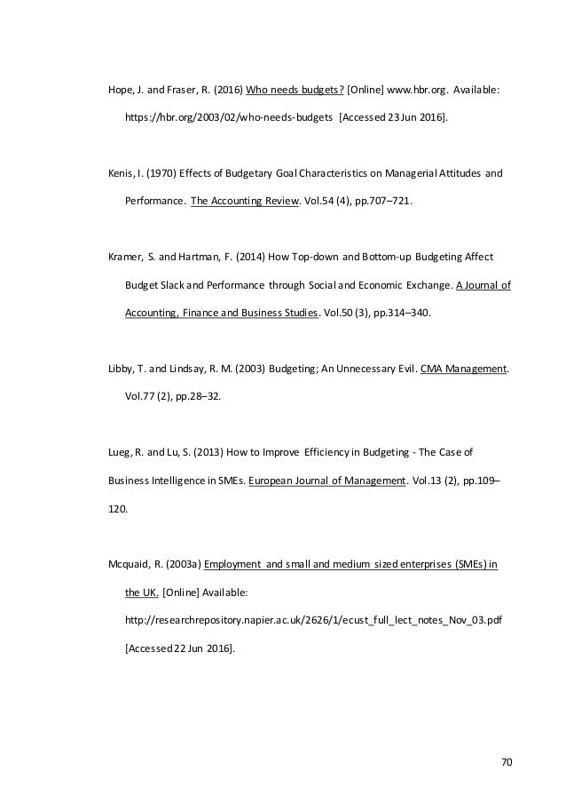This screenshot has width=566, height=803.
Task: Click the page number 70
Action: (x=507, y=761)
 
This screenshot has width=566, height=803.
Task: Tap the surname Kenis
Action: (x=119, y=174)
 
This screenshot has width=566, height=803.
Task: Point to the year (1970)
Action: (x=162, y=174)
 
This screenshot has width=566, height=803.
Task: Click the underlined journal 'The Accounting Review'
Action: (x=244, y=201)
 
